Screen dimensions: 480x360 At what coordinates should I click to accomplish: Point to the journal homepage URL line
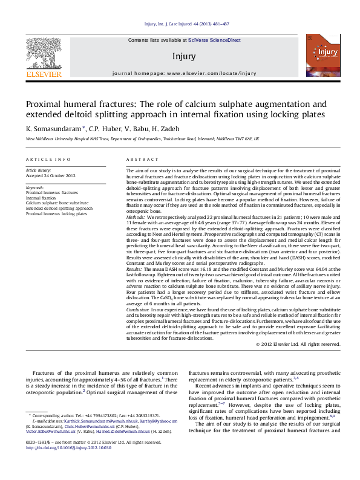click(185, 73)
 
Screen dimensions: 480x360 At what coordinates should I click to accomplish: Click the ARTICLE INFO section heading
click(48, 159)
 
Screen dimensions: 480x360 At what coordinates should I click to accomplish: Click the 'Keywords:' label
click(35, 188)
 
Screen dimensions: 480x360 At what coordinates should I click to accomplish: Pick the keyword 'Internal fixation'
click(41, 198)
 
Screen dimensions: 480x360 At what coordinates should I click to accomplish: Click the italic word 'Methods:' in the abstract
click(136, 216)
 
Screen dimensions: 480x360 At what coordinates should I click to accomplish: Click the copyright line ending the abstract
click(306, 344)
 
